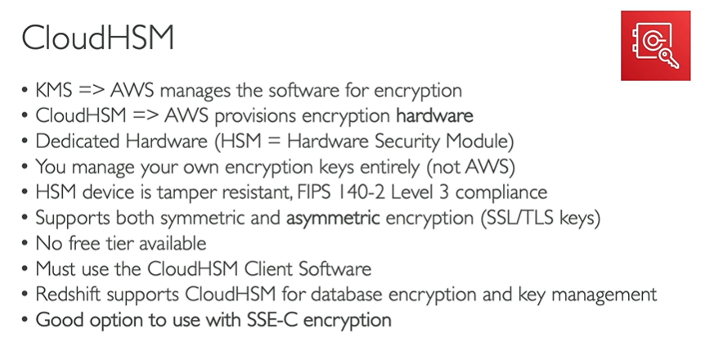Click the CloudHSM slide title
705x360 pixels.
(97, 38)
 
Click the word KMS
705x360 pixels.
(54, 90)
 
